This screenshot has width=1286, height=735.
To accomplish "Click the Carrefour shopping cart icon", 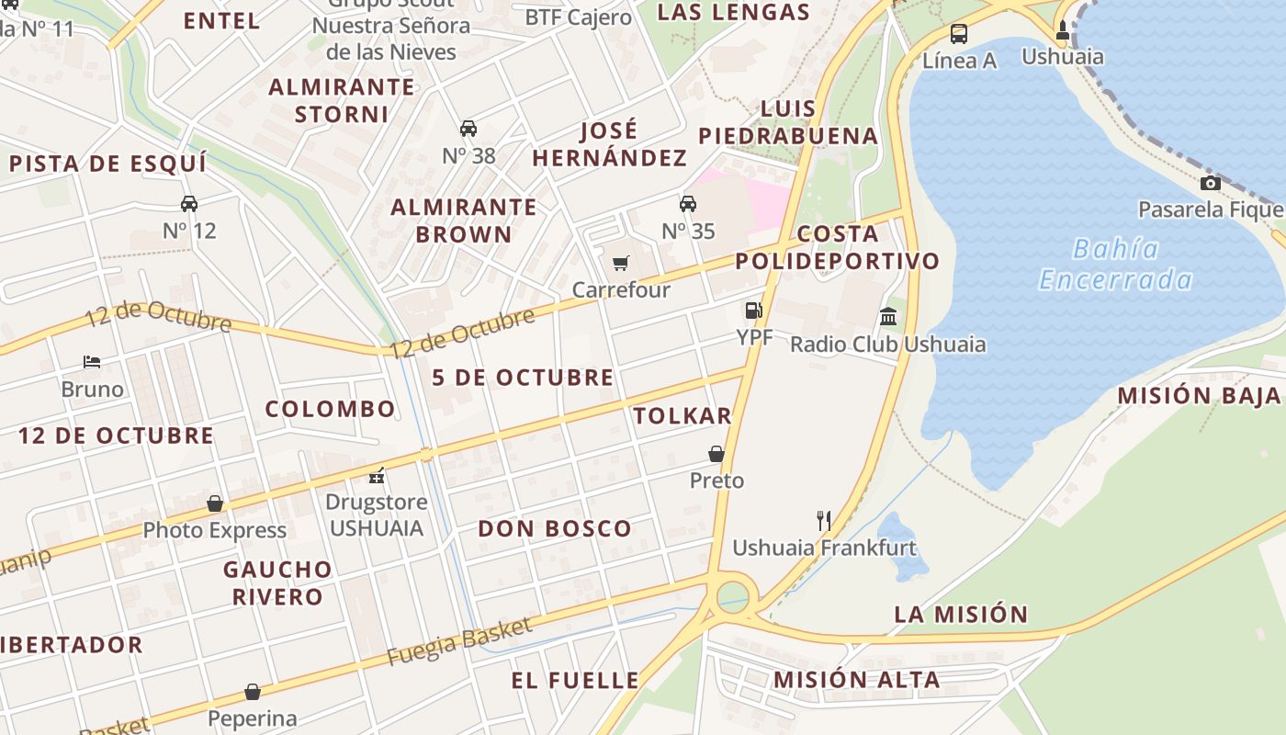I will coord(621,264).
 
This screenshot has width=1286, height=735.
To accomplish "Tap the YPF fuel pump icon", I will coord(753,311).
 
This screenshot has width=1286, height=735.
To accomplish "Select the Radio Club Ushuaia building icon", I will coord(888,317).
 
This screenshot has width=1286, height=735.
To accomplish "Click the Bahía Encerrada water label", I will coord(1116,264).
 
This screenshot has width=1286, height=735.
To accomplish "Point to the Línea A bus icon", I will coord(959,35).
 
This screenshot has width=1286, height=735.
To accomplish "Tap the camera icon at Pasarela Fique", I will coord(1211,183).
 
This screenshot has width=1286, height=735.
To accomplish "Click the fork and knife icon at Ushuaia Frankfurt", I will coord(824,521).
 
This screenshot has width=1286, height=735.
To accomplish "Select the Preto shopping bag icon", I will coord(716,454).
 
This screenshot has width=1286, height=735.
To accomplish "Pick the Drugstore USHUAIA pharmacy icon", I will coord(376,476).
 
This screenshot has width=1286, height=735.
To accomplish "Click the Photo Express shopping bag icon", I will coord(215,503).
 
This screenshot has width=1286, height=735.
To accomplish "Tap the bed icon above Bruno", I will coord(92,362).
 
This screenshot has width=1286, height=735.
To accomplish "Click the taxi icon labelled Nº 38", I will coord(468,129).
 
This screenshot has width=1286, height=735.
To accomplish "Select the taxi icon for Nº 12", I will coord(189,203).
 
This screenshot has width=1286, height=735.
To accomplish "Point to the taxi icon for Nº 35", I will coord(688,203).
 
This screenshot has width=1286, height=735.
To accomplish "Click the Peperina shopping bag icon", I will coord(253,692).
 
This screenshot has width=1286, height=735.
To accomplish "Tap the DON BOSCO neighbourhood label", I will coord(555,528).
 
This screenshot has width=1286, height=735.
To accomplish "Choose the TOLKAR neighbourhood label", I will coord(682,416).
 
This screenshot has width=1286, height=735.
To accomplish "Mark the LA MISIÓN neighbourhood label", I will coord(961,614).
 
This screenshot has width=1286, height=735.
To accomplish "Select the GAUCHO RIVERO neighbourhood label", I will coord(277,582).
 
